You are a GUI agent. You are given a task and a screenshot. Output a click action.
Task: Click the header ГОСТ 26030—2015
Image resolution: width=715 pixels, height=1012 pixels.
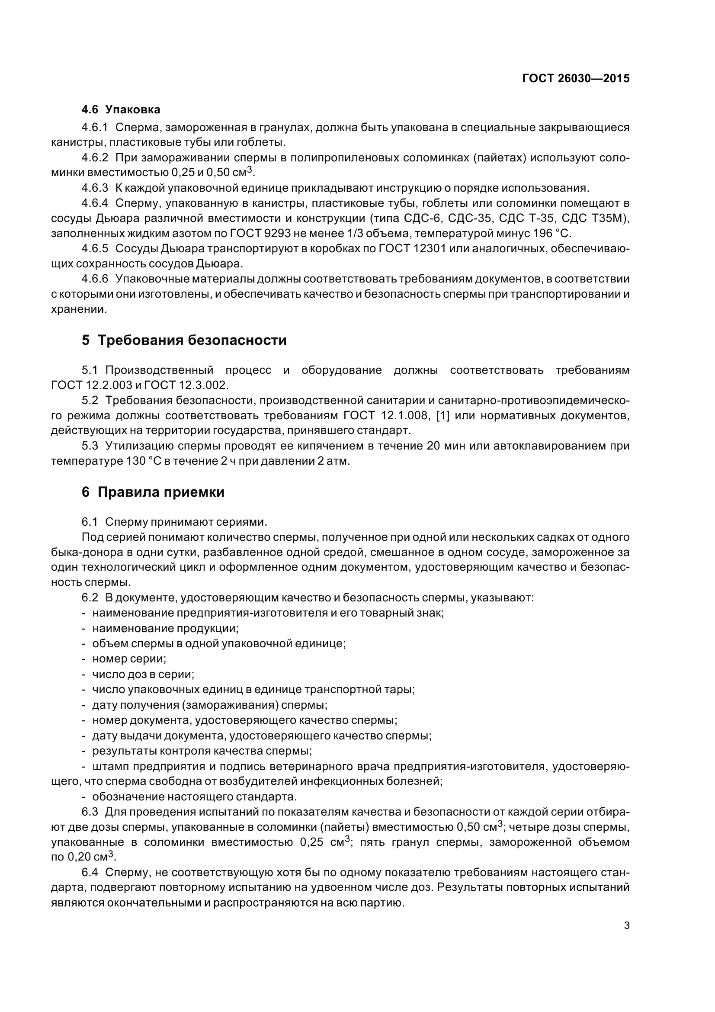click(x=575, y=78)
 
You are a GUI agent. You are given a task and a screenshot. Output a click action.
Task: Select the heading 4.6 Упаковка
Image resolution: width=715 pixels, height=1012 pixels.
click(x=121, y=109)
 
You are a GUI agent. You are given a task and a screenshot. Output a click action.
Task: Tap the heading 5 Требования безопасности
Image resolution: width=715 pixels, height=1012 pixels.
click(x=184, y=340)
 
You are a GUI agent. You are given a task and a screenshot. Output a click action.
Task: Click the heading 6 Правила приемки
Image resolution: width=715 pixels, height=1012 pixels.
click(x=153, y=492)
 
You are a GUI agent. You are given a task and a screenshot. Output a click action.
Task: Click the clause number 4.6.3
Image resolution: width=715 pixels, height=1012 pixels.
click(x=95, y=188)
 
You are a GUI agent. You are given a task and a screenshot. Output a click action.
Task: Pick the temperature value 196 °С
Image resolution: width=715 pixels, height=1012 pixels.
click(x=551, y=234)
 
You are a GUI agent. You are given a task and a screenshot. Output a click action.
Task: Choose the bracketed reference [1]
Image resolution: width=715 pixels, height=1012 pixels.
click(x=442, y=416)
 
